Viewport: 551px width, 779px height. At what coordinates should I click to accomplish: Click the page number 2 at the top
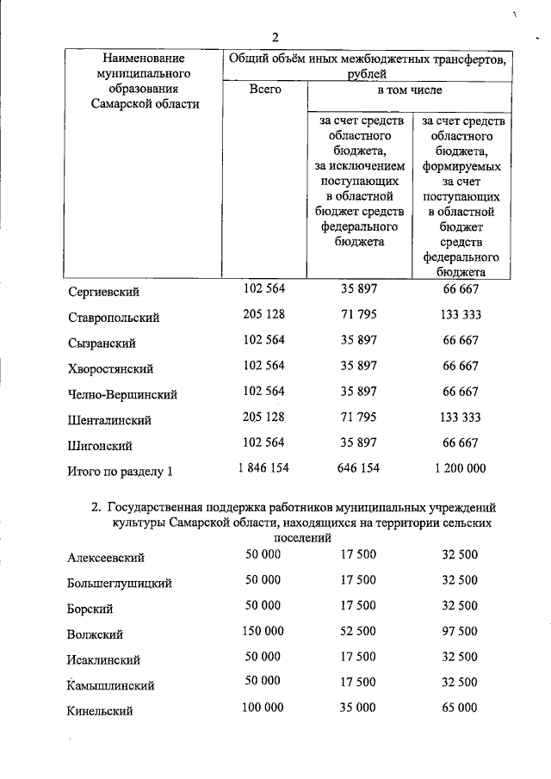click(x=275, y=36)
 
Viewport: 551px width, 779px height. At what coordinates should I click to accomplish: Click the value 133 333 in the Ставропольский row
click(x=461, y=314)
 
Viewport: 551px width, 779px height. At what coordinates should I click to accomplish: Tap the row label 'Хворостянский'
click(x=110, y=368)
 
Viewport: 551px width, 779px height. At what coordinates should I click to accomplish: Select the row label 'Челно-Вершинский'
click(x=121, y=394)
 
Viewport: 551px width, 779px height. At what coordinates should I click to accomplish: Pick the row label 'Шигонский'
click(x=99, y=446)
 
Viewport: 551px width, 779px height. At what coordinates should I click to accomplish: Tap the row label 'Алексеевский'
click(x=105, y=557)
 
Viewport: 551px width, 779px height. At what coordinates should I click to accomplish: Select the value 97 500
click(x=460, y=631)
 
